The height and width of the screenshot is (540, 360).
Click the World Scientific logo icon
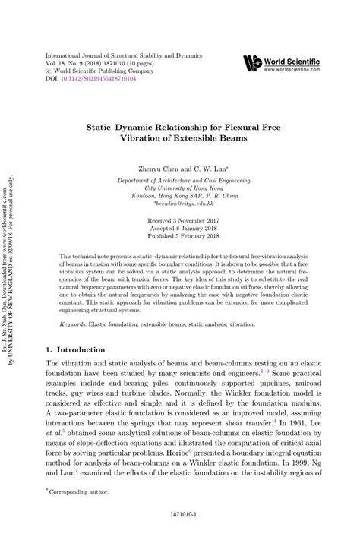253,64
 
